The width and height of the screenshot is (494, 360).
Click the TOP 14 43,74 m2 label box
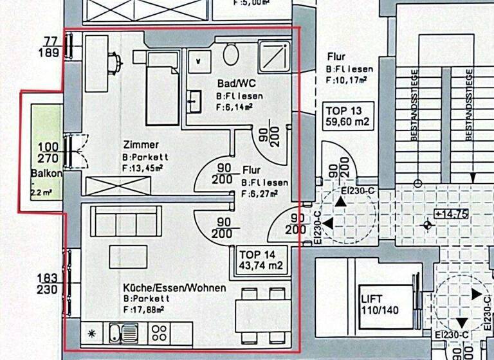pyautogui.click(x=261, y=258)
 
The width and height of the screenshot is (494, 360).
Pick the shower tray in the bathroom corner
pyautogui.click(x=275, y=55)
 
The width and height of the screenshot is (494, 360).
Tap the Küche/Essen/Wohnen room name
pyautogui.click(x=174, y=288)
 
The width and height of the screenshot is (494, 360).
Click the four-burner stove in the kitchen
pyautogui.click(x=160, y=333)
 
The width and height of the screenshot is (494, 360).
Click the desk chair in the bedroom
pyautogui.click(x=115, y=62)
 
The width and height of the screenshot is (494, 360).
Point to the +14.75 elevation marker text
pyautogui.click(x=451, y=214)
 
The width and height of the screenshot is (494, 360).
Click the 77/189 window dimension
pyautogui.click(x=51, y=47)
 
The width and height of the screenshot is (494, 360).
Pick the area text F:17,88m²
pyautogui.click(x=147, y=309)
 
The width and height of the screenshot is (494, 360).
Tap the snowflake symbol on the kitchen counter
pyautogui.click(x=92, y=333)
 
